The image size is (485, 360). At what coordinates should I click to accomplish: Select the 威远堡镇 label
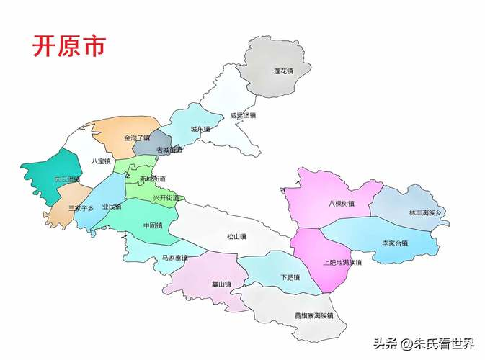[243, 115]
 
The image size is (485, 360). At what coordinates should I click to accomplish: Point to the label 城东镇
[200, 130]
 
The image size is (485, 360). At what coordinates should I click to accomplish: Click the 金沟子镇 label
[136, 138]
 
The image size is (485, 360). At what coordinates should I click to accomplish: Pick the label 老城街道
[169, 150]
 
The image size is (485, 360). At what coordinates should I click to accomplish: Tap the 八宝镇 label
[101, 161]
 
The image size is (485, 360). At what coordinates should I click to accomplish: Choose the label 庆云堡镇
[67, 179]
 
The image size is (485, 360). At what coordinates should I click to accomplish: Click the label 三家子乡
[81, 207]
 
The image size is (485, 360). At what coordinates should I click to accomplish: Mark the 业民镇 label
[112, 207]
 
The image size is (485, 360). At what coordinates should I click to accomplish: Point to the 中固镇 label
[153, 225]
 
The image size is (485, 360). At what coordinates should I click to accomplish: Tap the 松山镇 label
[236, 236]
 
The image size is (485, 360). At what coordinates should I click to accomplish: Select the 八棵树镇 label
[341, 204]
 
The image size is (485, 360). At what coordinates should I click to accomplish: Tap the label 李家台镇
[395, 243]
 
